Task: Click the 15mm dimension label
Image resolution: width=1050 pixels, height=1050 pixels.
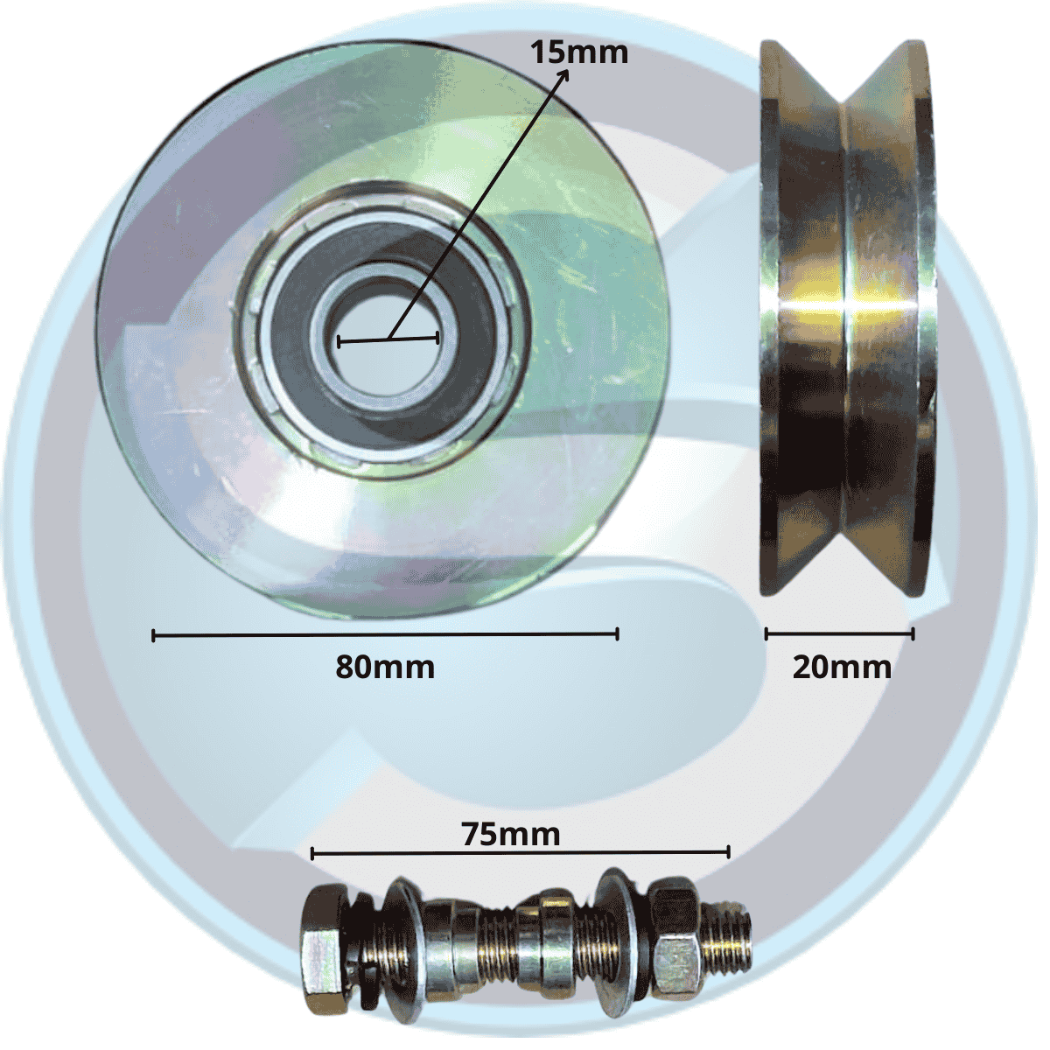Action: pyautogui.click(x=579, y=52)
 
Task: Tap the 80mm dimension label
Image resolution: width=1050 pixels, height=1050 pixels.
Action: pyautogui.click(x=385, y=667)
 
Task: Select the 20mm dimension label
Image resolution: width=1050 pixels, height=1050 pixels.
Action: pyautogui.click(x=842, y=667)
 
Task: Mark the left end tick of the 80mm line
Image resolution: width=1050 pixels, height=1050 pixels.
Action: pyautogui.click(x=154, y=635)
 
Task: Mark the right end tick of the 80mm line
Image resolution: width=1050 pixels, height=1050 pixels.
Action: pyautogui.click(x=617, y=633)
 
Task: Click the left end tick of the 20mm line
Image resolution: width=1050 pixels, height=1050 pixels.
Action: pyautogui.click(x=766, y=633)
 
